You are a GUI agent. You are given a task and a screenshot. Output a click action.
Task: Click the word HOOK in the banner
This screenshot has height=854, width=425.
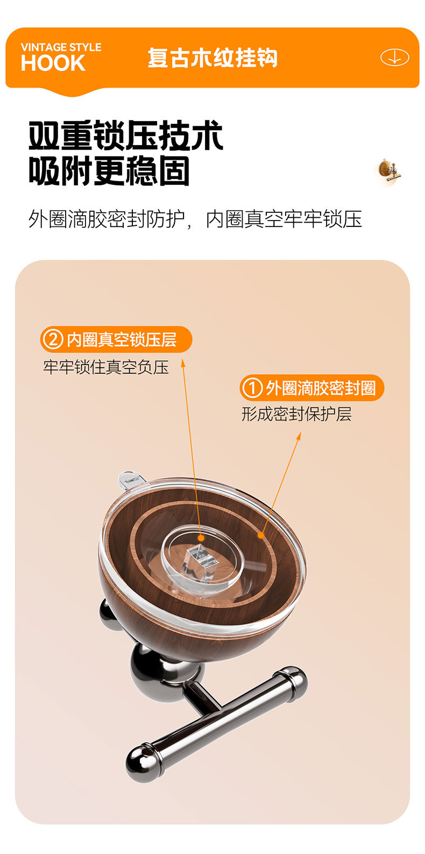pyautogui.click(x=53, y=63)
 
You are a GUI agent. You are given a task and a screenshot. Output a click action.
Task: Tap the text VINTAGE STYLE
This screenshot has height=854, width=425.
pyautogui.click(x=61, y=47)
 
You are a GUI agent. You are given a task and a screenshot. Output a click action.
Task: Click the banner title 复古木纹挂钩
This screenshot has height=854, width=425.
pyautogui.click(x=212, y=58)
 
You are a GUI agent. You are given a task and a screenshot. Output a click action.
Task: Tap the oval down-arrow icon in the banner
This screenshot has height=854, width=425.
pyautogui.click(x=394, y=58)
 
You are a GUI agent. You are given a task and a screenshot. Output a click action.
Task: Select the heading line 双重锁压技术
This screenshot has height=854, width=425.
pyautogui.click(x=125, y=136)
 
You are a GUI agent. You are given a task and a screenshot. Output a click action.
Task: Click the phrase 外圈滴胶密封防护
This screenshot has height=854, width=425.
pyautogui.click(x=107, y=219)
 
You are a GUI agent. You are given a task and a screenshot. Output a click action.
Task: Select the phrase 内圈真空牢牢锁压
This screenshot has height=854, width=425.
pyautogui.click(x=284, y=219)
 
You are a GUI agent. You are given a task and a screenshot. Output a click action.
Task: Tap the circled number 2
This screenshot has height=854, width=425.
pyautogui.click(x=53, y=340)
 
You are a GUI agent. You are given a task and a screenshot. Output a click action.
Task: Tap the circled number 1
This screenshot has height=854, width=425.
pyautogui.click(x=252, y=388)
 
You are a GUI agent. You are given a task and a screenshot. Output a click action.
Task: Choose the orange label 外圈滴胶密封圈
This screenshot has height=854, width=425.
pyautogui.click(x=321, y=388)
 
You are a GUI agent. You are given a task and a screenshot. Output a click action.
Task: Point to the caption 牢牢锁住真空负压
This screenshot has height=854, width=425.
pyautogui.click(x=106, y=367)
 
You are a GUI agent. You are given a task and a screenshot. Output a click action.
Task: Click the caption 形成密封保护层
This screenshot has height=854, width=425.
pyautogui.click(x=296, y=414)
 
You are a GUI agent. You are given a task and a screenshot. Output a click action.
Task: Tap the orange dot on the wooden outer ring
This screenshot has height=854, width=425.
pyautogui.click(x=261, y=535)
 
